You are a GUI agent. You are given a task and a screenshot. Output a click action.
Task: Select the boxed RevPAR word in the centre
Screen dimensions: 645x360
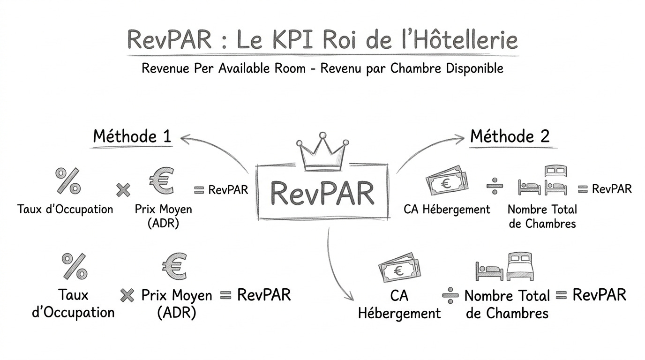tap(322, 192)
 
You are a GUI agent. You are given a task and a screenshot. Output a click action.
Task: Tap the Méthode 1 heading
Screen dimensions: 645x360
tap(132, 136)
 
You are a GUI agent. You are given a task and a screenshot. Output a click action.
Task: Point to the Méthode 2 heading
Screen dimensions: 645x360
tap(510, 136)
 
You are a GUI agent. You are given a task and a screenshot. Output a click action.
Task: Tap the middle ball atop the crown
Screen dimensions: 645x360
tap(322, 135)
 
